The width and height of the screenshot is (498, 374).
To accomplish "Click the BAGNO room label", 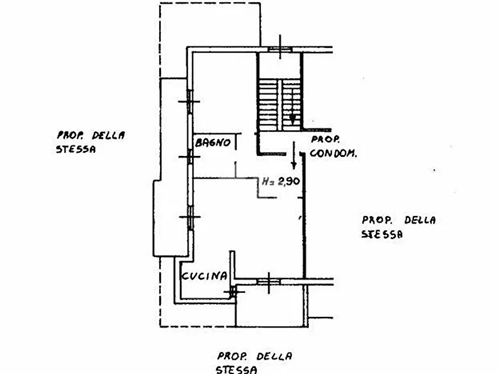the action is [x=213, y=142].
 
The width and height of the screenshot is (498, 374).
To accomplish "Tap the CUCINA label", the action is [x=204, y=276].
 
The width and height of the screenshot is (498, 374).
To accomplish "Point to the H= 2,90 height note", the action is [x=281, y=181].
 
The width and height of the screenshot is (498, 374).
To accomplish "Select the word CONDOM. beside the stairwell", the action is [x=333, y=153].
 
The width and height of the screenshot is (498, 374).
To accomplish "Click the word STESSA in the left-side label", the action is [x=75, y=149].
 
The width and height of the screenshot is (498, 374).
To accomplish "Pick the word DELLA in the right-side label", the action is [x=420, y=220].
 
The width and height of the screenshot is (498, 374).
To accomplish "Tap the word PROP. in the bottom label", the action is [x=231, y=356].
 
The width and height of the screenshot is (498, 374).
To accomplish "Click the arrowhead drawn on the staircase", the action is [x=292, y=120].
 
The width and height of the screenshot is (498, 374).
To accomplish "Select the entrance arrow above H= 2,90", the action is [x=294, y=155].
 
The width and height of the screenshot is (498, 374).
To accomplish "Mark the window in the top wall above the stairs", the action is [x=280, y=49].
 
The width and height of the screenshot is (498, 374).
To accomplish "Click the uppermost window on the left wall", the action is [x=190, y=102].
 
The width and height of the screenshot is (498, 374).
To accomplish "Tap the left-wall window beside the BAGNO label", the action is [x=190, y=157].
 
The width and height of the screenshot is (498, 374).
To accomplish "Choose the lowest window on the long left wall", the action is [x=190, y=218].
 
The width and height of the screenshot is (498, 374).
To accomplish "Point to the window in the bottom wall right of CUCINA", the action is [x=269, y=281].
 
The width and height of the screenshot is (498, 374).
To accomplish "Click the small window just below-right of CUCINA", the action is [x=233, y=291].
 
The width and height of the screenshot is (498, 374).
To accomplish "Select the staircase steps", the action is [x=280, y=105].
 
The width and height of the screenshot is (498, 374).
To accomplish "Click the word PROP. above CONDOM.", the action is [x=325, y=140].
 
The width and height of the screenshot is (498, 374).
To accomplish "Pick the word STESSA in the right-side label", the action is [x=382, y=234].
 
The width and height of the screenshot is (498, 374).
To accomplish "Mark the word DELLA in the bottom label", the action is [x=275, y=356].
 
